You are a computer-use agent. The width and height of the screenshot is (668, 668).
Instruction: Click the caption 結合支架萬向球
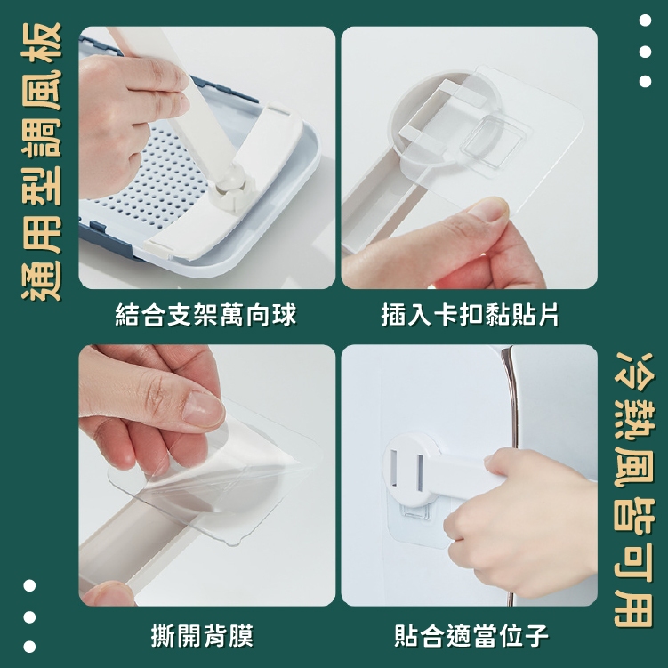click(205, 315)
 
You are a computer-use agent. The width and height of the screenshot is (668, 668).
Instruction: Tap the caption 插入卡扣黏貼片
click(470, 315)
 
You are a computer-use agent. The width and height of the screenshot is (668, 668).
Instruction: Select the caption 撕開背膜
click(203, 636)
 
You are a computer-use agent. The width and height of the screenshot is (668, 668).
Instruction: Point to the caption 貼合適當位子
click(471, 636)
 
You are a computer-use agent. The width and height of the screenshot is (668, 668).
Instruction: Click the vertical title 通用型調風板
click(41, 162)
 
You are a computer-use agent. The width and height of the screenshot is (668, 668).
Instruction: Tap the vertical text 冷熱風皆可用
click(633, 490)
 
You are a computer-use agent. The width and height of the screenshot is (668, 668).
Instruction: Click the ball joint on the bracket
click(231, 174)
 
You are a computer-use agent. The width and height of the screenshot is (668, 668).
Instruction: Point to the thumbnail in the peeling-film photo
click(203, 409)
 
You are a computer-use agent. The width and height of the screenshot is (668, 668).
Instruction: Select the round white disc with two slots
click(410, 469)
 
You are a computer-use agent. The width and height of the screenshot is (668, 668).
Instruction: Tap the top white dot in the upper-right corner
click(645, 20)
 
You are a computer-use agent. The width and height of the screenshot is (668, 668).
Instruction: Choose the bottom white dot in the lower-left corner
click(29, 647)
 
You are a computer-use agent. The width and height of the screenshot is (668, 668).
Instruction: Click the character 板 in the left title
click(41, 43)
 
